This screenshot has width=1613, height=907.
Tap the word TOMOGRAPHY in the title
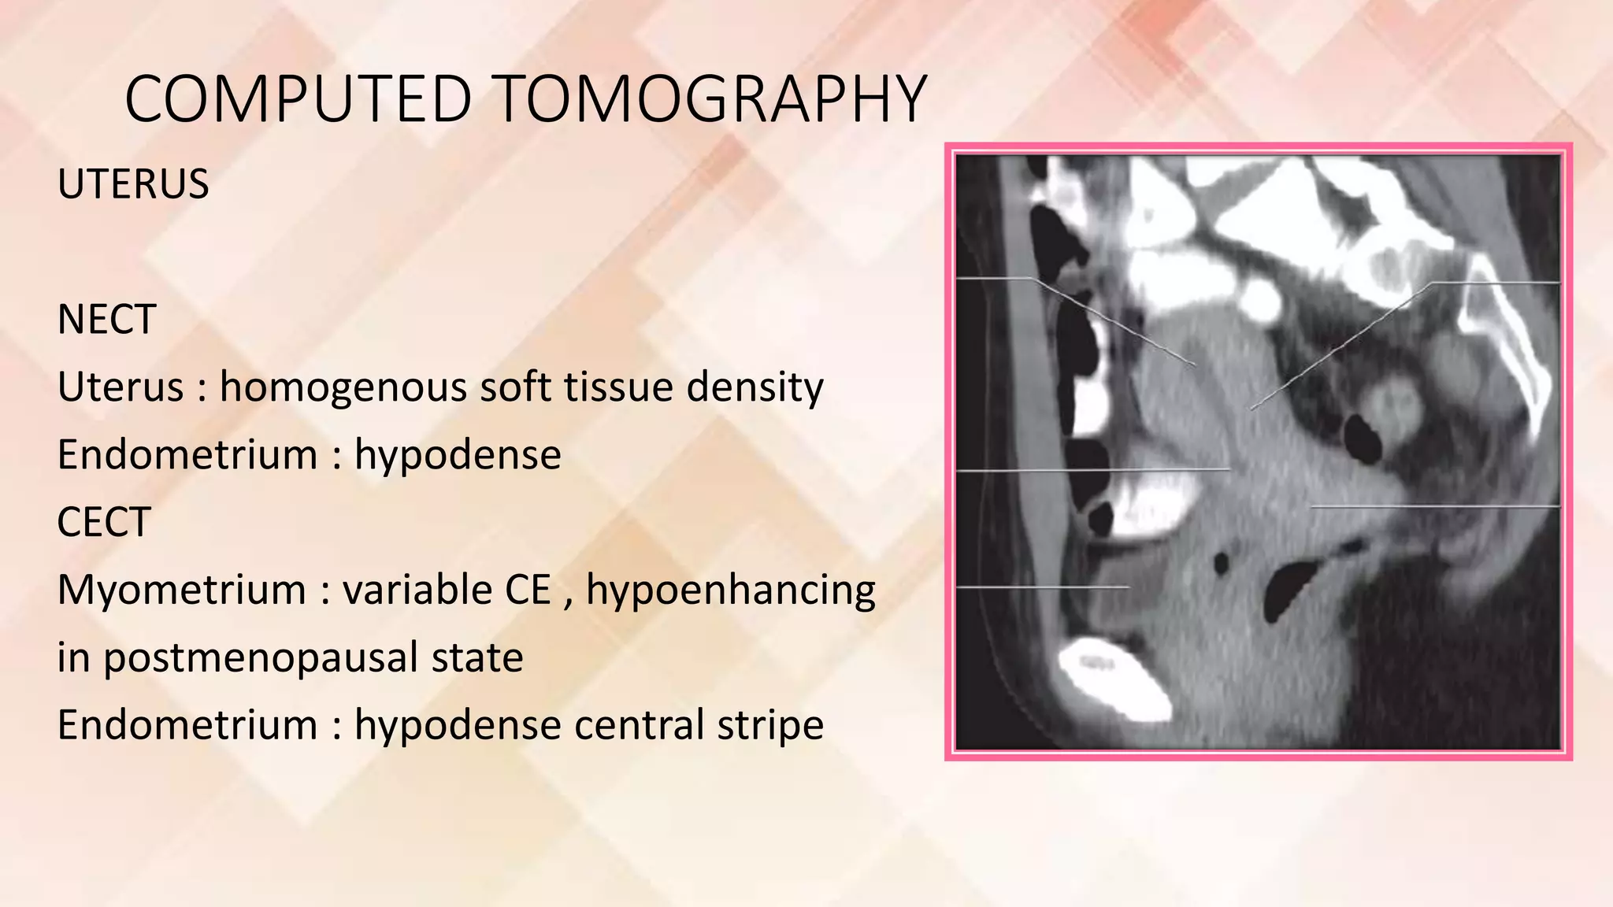click(711, 99)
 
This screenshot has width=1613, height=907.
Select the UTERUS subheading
click(133, 184)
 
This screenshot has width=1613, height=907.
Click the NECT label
click(106, 320)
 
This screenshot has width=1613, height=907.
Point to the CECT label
click(104, 522)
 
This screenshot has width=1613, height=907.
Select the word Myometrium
click(181, 590)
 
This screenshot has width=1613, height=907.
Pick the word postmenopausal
click(313, 657)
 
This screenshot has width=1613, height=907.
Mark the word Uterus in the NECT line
click(120, 387)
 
